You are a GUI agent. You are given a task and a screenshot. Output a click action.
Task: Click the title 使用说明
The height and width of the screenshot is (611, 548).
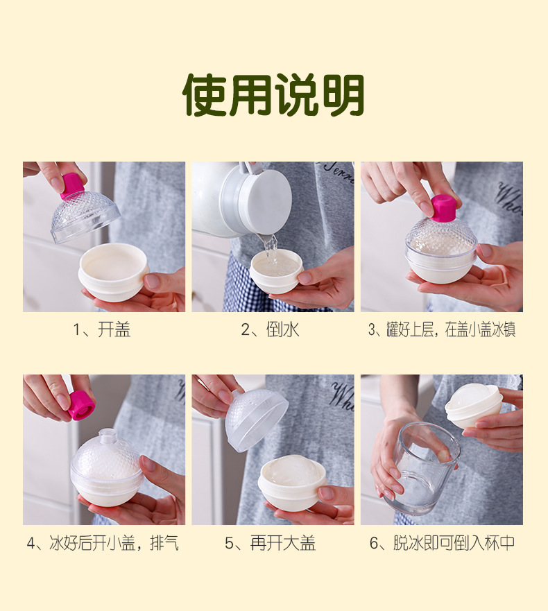pyautogui.click(x=273, y=95)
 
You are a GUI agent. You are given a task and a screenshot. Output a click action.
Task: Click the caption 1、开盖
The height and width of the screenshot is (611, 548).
pyautogui.click(x=102, y=329)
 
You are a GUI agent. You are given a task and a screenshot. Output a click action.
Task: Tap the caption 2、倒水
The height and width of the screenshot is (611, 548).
pyautogui.click(x=270, y=329)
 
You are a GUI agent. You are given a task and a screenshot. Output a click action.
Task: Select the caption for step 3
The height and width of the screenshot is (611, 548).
pyautogui.click(x=442, y=329)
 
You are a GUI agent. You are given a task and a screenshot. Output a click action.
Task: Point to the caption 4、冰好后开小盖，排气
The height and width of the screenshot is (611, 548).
pyautogui.click(x=103, y=543)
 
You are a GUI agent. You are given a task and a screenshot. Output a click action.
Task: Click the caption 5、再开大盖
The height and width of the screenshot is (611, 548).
pyautogui.click(x=270, y=543)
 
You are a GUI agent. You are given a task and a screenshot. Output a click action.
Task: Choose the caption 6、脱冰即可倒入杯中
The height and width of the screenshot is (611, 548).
pyautogui.click(x=443, y=543)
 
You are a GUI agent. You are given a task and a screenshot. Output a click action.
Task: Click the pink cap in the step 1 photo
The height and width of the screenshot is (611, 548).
pyautogui.click(x=72, y=186)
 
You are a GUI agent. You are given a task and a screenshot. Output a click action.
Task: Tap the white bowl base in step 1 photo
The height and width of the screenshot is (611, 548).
pyautogui.click(x=114, y=273)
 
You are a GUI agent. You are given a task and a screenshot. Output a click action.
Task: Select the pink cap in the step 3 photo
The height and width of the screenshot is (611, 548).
pyautogui.click(x=443, y=207)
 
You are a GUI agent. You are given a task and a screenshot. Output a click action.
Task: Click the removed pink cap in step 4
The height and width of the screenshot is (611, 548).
pyautogui.click(x=82, y=406)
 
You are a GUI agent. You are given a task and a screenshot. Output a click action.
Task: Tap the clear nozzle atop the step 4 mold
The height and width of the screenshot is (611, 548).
pyautogui.click(x=106, y=435)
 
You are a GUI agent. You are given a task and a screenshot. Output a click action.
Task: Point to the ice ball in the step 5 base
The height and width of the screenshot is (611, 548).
pyautogui.click(x=291, y=472)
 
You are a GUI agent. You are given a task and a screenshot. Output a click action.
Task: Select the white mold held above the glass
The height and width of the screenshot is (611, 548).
pyautogui.click(x=473, y=406)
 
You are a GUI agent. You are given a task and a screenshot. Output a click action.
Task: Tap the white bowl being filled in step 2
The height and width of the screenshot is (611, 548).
pyautogui.click(x=276, y=272)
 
